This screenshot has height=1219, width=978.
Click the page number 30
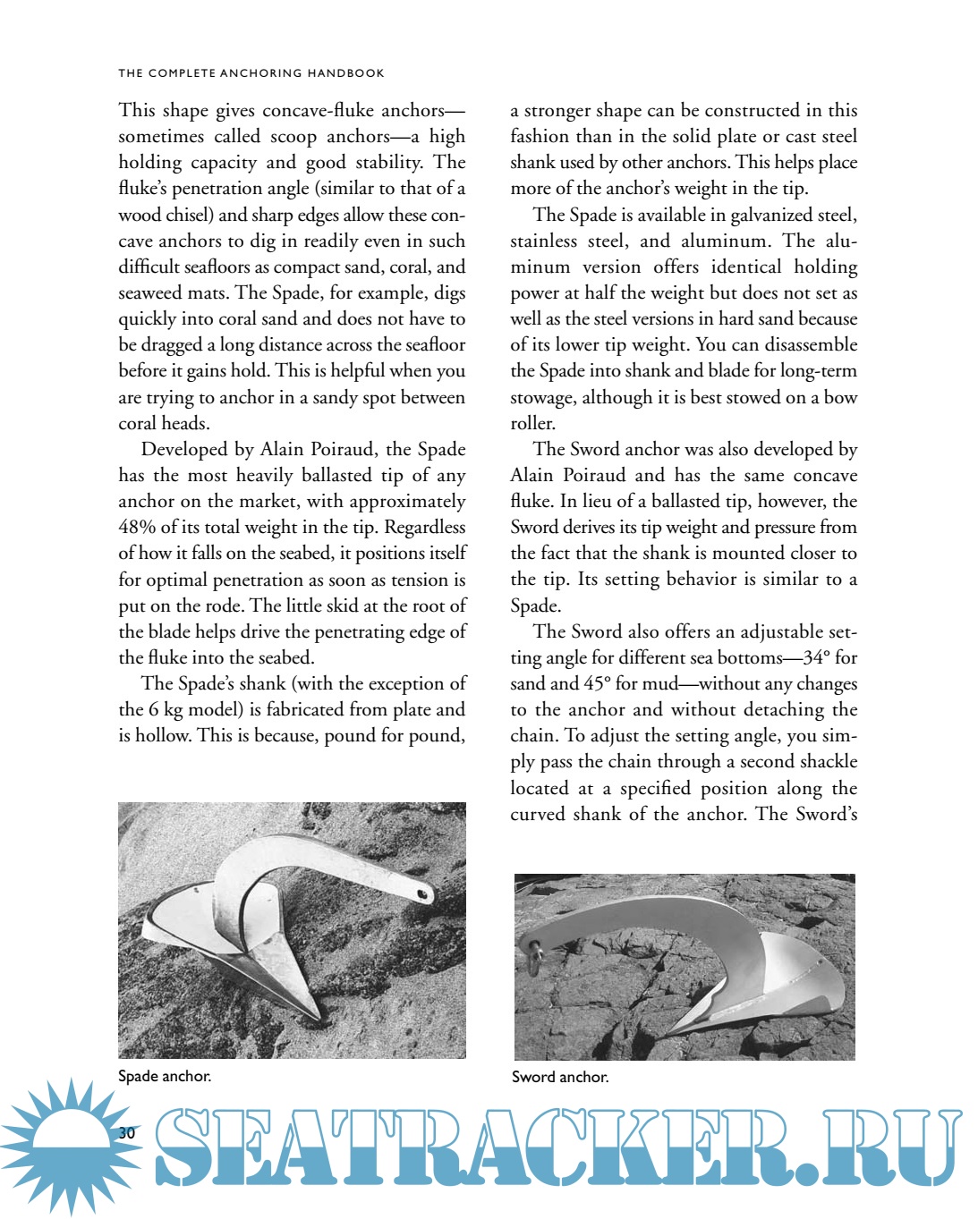127,1132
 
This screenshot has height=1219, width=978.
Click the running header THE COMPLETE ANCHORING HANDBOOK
251,72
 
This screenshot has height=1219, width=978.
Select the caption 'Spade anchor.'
165,1076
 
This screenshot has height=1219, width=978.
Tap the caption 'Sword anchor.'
560,1077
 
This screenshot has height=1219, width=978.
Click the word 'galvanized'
770,215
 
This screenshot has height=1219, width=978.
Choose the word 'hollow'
162,735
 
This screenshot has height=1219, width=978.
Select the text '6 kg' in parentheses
161,709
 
